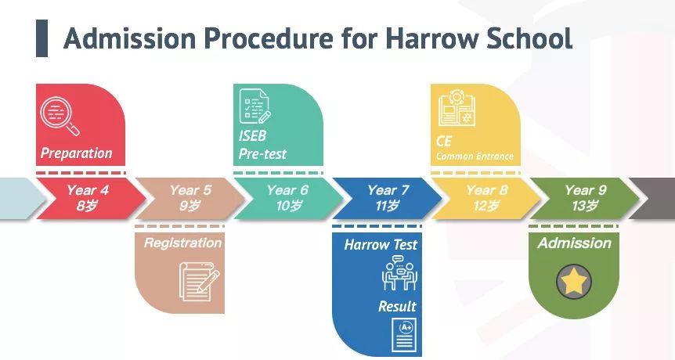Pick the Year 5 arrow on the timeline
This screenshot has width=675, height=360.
click(x=190, y=198)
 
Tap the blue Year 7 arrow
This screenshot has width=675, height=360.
click(x=388, y=198)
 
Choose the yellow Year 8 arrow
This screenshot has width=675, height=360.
click(x=486, y=198)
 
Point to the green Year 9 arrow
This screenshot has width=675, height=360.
click(x=585, y=198)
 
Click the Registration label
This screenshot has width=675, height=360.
click(x=182, y=243)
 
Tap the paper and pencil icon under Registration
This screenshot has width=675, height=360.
click(x=199, y=282)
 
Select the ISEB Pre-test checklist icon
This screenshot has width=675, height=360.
click(x=254, y=106)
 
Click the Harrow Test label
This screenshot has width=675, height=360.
click(x=381, y=245)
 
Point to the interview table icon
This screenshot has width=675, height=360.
click(x=399, y=272)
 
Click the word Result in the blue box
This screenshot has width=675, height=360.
click(x=397, y=306)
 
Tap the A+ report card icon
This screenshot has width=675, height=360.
click(x=404, y=335)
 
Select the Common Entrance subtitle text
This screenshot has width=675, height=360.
click(x=475, y=156)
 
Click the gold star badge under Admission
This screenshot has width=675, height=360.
click(x=574, y=282)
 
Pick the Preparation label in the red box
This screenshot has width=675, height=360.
click(x=76, y=153)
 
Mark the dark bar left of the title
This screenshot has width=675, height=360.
click(x=42, y=38)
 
